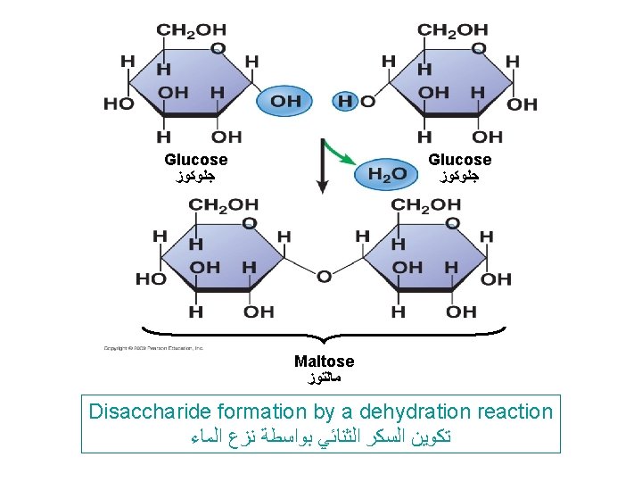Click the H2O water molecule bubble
(x=385, y=174)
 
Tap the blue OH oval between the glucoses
(x=285, y=101)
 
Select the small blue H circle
(x=345, y=101)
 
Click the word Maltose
(x=324, y=361)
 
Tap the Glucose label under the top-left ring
(x=195, y=160)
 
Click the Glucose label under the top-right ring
(x=459, y=160)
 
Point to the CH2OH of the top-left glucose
(x=191, y=30)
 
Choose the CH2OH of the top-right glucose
(x=453, y=30)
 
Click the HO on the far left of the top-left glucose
(x=119, y=104)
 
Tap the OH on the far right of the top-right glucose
(x=523, y=104)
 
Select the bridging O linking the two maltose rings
(x=324, y=277)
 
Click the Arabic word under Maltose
(x=324, y=379)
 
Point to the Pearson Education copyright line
(x=153, y=347)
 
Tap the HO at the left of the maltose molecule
(x=151, y=279)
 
